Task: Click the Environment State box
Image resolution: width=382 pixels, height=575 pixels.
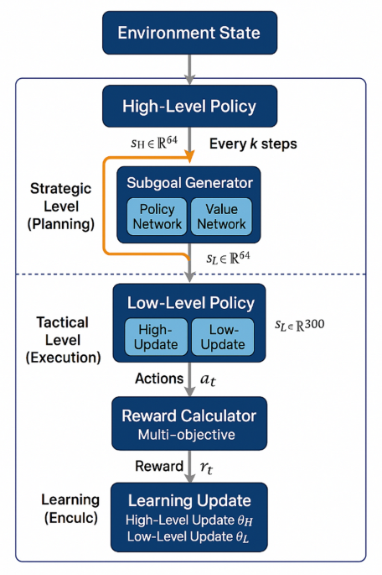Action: coord(188,34)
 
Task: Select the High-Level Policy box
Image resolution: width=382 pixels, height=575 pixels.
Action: coord(188,107)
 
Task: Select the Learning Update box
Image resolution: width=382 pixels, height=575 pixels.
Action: coord(188,515)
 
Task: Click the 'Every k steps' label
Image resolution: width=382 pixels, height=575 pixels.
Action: coord(252,144)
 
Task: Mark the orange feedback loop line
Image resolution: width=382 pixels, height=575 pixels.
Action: coord(104,206)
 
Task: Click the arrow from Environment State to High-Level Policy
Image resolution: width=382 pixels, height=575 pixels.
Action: coord(189,68)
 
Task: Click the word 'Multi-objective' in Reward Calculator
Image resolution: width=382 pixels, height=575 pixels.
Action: coord(188,434)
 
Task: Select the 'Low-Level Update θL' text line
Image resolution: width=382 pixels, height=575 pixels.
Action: coord(188,536)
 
